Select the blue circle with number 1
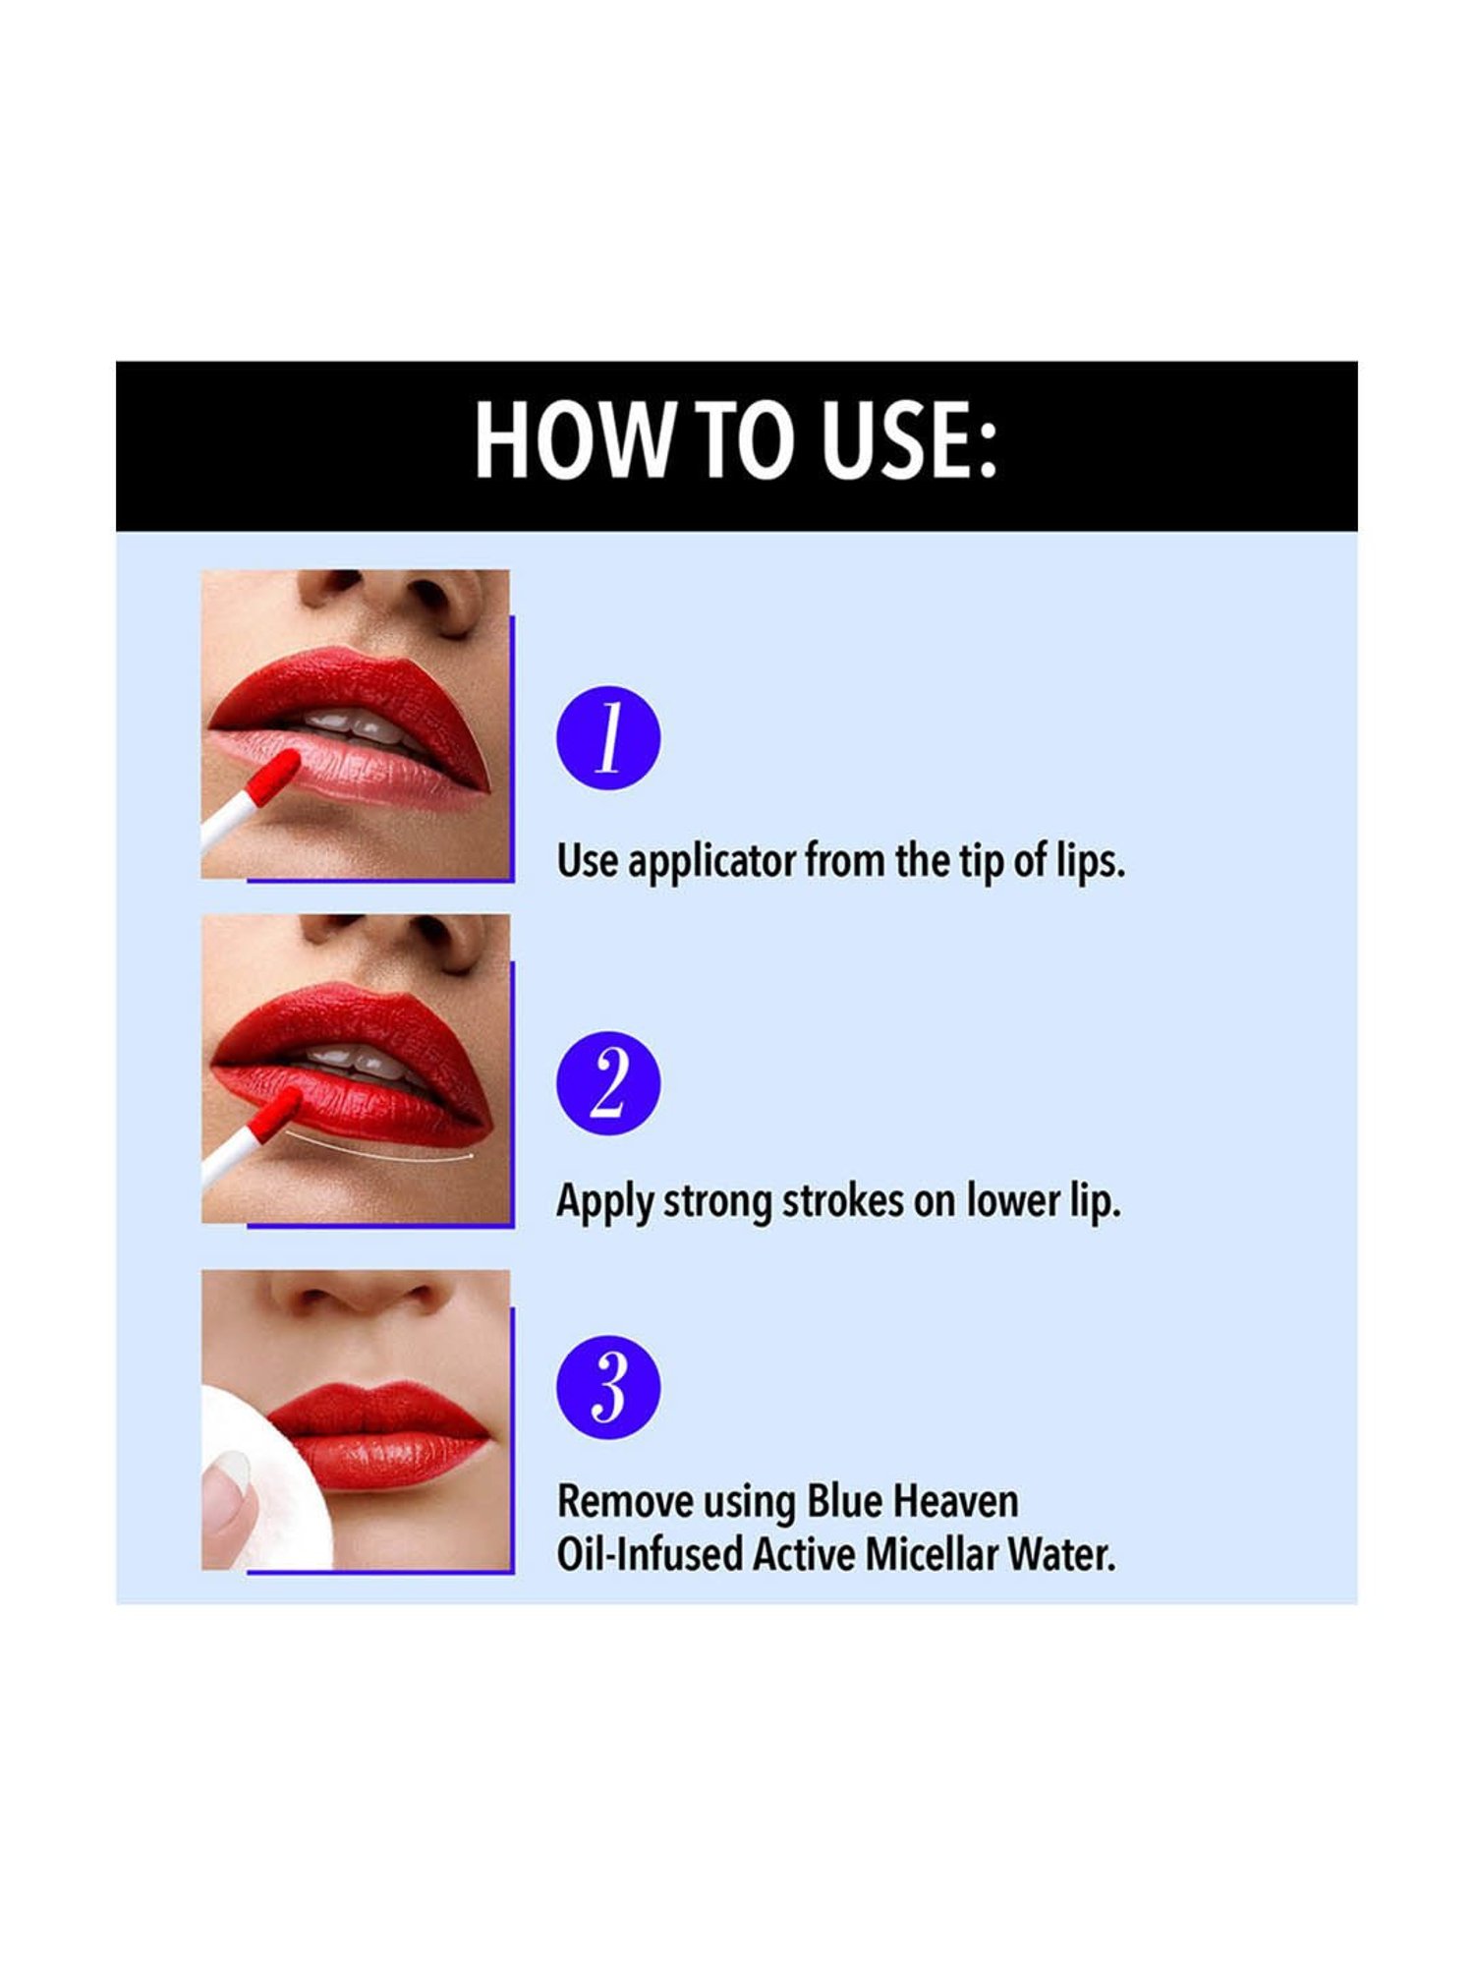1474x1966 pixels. pos(608,738)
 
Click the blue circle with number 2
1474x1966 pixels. pos(608,1083)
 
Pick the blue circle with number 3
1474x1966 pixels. pos(608,1387)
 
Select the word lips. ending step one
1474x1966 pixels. pos(1090,862)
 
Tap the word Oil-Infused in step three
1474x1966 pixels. pos(650,1554)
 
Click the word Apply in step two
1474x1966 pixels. pos(604,1201)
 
